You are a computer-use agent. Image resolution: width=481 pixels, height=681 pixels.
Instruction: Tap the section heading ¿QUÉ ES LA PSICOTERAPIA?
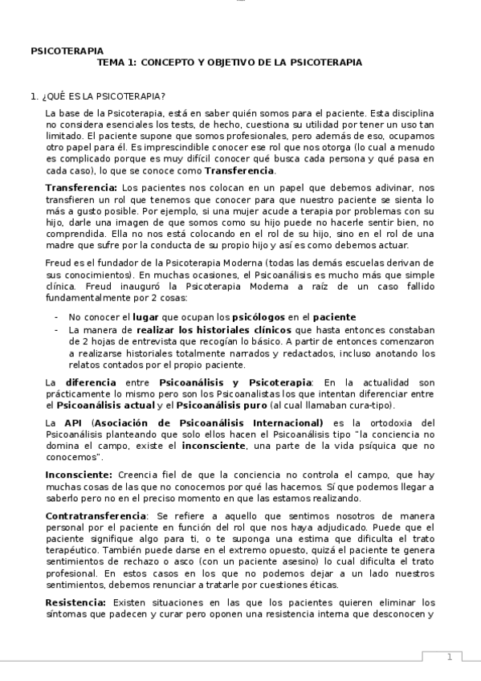[103, 96]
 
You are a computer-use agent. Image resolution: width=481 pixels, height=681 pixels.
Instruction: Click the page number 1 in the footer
[450, 658]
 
